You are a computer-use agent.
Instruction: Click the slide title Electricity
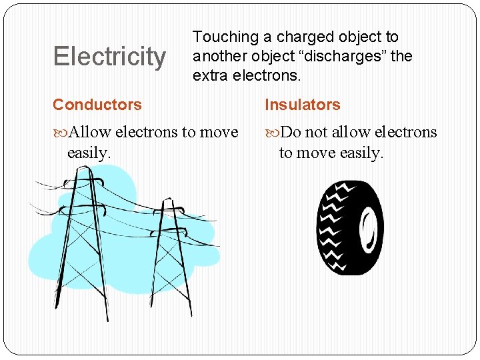point(109,57)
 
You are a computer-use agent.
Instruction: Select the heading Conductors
point(97,105)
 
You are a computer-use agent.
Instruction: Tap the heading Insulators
point(303,105)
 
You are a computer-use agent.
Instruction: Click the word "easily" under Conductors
point(87,153)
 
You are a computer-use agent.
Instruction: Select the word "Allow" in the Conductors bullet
point(89,132)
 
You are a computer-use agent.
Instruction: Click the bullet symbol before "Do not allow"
point(273,133)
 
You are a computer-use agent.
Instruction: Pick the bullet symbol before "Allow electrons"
point(60,133)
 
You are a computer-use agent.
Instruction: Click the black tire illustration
point(349,227)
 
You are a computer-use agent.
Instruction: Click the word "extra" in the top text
point(211,75)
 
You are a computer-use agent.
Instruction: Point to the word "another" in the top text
point(219,57)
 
